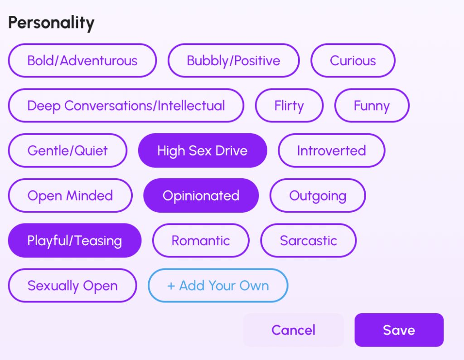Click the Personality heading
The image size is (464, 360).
coord(51,23)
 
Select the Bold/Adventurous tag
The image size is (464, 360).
coord(82,60)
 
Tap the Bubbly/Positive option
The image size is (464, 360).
coord(233,60)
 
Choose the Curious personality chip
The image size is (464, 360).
coord(353,60)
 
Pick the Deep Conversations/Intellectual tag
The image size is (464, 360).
coord(126,105)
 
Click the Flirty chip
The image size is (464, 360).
coord(289,105)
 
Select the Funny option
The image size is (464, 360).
coord(372,105)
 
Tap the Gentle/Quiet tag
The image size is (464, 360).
coord(68,151)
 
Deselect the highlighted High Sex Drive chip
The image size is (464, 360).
coord(203,151)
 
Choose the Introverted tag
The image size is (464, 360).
coord(331,151)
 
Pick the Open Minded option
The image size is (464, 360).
coord(70,195)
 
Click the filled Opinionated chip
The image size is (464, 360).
coord(201,195)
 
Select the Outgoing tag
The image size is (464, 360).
coord(318,195)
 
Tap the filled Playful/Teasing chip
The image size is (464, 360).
coord(75,240)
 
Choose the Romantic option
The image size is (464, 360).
coord(201,240)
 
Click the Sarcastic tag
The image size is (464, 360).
coord(308,240)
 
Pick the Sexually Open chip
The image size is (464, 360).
coord(72,285)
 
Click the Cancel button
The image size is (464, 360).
coord(293,330)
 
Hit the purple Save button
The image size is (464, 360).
coord(399,330)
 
